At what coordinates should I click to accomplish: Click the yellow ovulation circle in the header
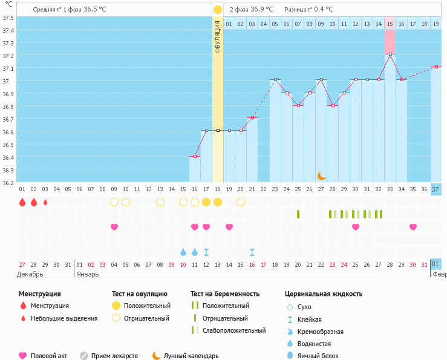click(218, 10)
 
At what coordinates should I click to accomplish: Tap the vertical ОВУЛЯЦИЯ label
click(218, 36)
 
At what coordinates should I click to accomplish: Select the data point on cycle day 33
click(390, 54)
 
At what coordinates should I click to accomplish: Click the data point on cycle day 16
click(195, 157)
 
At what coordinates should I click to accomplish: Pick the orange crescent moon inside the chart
click(322, 175)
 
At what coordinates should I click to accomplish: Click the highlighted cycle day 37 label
click(436, 189)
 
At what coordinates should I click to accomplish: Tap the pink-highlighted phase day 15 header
click(390, 24)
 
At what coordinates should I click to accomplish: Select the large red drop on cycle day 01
click(22, 202)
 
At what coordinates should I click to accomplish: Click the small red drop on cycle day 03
click(45, 202)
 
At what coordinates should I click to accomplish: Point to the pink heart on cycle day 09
click(114, 227)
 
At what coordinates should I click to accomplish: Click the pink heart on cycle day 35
click(413, 227)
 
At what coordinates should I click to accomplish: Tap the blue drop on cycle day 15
click(183, 252)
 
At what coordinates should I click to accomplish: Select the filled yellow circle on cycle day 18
click(218, 202)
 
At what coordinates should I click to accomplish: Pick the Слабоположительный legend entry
click(233, 330)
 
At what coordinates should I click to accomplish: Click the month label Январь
click(88, 274)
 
